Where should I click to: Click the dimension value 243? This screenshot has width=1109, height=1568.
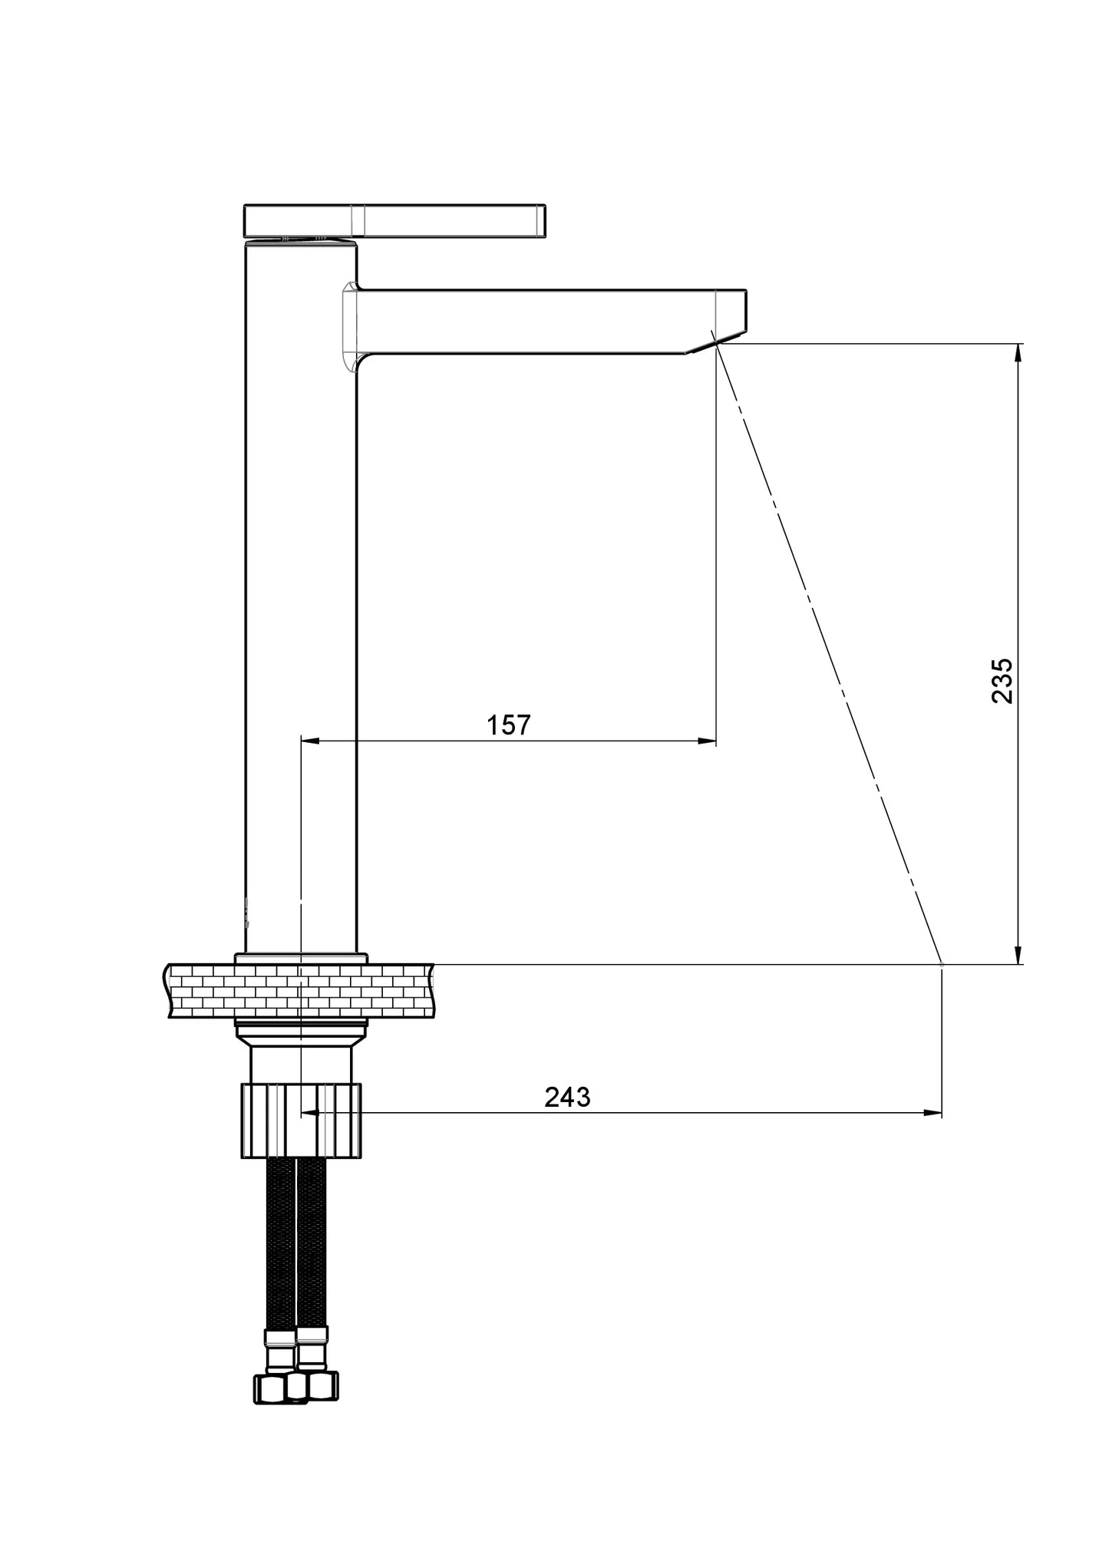[568, 1097]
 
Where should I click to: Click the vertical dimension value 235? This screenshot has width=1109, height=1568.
[1002, 680]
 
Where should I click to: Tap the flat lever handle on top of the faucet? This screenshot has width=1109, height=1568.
[394, 220]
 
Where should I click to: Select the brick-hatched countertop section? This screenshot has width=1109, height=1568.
[299, 991]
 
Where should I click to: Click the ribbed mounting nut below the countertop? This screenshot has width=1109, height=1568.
[301, 1120]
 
